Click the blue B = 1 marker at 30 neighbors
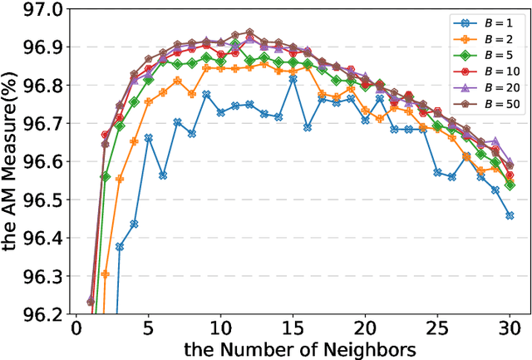[510, 215]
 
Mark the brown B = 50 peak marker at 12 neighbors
[249, 32]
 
